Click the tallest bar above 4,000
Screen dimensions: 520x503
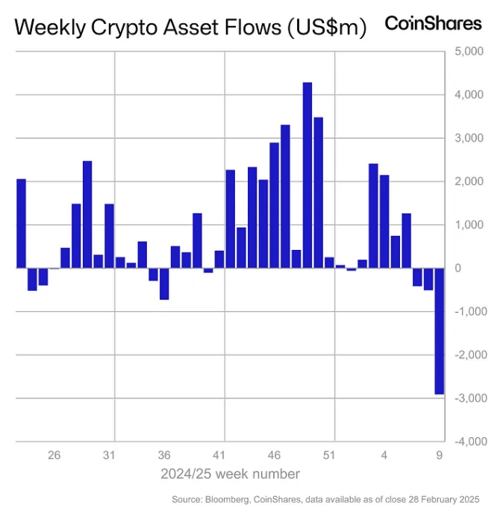click(307, 175)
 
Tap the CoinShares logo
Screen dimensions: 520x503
click(433, 24)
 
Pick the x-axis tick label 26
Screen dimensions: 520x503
click(54, 454)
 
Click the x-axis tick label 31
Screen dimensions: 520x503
click(109, 454)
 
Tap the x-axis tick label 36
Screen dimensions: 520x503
click(164, 454)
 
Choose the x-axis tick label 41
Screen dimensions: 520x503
click(219, 454)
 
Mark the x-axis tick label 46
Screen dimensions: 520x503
click(274, 454)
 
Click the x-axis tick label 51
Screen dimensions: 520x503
click(329, 454)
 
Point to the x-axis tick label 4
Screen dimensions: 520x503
click(384, 454)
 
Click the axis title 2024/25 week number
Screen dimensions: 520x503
click(230, 474)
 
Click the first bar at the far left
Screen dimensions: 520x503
click(21, 223)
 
